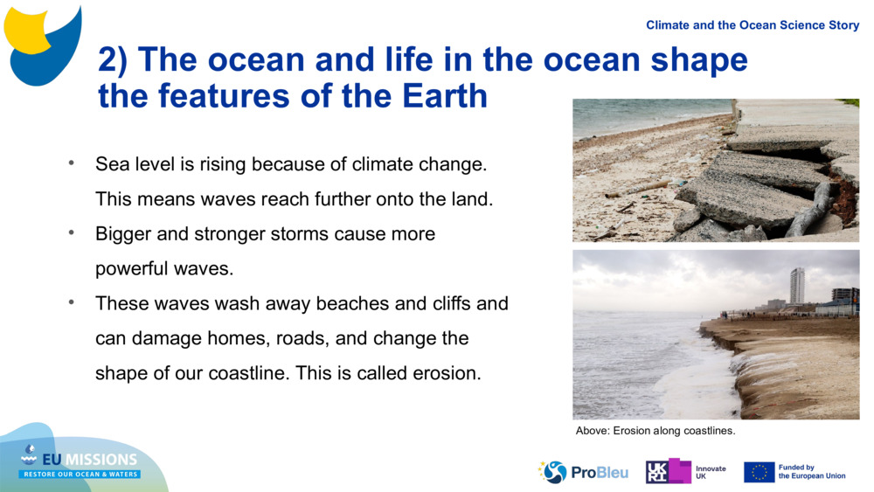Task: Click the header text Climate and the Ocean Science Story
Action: click(x=753, y=25)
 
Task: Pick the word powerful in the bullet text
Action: click(x=132, y=269)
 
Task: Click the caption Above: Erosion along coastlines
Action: click(x=655, y=431)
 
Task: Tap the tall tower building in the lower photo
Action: click(x=797, y=286)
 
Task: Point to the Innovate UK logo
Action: click(x=687, y=472)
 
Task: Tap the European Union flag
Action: click(x=759, y=472)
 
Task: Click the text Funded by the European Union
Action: click(x=811, y=472)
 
